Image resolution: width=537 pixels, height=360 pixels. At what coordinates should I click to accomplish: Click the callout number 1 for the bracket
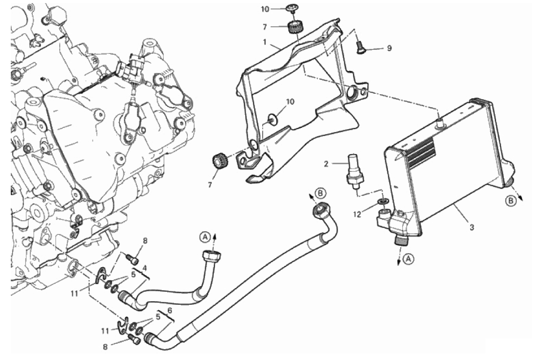265,42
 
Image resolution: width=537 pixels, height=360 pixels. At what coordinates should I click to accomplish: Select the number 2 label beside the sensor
326,164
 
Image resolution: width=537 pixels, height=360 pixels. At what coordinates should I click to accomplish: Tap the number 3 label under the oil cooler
471,227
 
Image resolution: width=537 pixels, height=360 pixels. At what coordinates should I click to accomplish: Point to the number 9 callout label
389,48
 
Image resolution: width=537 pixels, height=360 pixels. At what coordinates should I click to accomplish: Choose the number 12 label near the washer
358,215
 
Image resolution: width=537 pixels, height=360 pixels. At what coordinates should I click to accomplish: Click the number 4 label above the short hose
145,268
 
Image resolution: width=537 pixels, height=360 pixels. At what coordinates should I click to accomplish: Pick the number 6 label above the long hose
169,311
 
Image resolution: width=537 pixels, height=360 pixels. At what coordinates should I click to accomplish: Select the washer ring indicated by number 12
383,200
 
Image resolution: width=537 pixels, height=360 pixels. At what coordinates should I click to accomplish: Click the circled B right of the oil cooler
511,201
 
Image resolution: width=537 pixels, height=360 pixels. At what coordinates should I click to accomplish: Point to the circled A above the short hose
205,237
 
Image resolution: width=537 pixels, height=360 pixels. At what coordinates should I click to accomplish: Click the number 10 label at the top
265,9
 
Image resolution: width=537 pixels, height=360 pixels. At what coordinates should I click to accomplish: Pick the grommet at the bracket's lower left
219,161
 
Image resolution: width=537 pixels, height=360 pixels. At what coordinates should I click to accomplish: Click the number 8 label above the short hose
145,241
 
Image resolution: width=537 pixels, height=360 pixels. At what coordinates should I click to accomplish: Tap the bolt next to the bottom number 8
133,339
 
